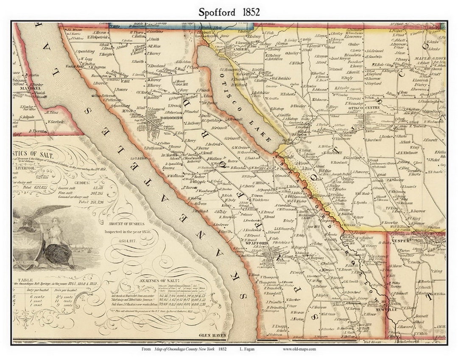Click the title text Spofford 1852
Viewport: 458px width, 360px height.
(x=229, y=12)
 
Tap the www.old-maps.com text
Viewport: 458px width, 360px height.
(x=299, y=349)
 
